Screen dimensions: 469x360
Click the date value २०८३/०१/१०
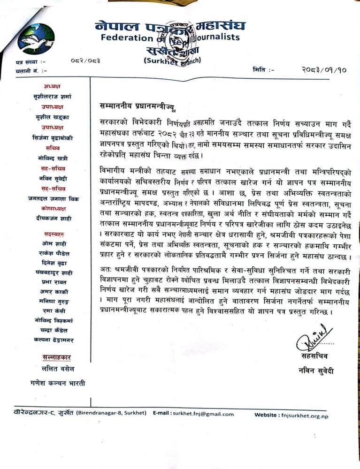324,69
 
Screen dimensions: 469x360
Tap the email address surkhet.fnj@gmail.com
203,414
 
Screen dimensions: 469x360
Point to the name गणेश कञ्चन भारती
54,383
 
